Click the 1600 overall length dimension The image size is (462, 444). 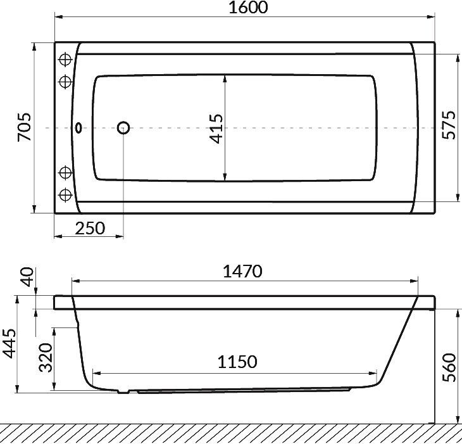248,8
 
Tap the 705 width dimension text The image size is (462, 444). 24,127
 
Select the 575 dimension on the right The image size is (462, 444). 449,125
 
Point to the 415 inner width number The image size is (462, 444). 216,129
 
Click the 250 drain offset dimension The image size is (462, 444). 90,228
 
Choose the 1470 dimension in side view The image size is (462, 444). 242,272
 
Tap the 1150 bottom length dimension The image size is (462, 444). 237,362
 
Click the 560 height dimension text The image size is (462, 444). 449,367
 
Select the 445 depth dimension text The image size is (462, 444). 9,344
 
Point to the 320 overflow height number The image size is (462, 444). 46,357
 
